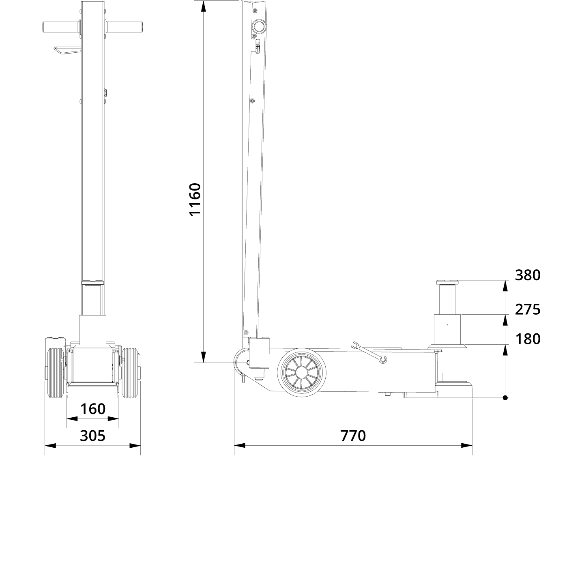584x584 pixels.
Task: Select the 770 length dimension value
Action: [353, 435]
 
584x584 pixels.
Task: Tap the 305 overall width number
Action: [92, 435]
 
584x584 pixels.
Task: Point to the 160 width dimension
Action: [92, 409]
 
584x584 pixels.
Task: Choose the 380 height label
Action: [528, 275]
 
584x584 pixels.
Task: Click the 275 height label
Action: [528, 309]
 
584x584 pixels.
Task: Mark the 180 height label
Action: [528, 339]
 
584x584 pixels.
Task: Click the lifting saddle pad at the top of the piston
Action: [447, 282]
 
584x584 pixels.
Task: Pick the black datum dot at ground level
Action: [505, 397]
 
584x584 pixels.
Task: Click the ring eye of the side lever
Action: [382, 359]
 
